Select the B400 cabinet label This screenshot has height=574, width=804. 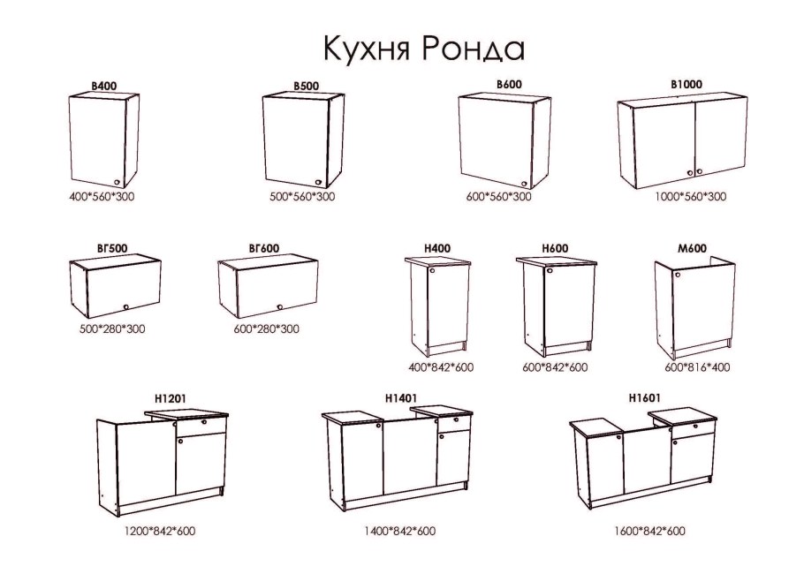point(104,87)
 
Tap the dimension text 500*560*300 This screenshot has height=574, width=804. point(302,196)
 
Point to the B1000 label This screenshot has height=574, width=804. point(686,84)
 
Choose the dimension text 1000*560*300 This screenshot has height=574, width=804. point(693,196)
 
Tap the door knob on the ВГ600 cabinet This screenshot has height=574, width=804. point(279,307)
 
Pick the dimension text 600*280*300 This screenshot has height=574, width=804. point(266,329)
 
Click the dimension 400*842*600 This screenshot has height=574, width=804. point(441,366)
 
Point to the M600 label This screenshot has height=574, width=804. point(692,249)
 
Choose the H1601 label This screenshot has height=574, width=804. point(645,398)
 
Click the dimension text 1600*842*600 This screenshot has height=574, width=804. point(649,531)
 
